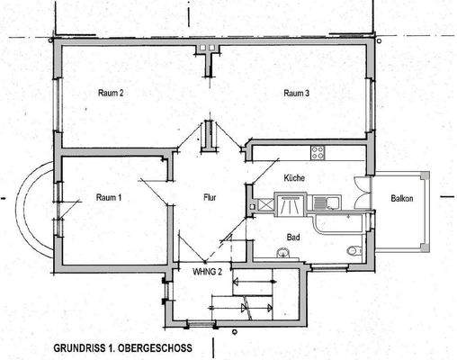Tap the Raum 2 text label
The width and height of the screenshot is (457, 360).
click(x=108, y=93)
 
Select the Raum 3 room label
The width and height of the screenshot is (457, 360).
click(x=297, y=93)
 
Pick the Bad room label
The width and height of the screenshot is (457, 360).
click(x=293, y=238)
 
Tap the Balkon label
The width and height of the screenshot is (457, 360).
click(x=401, y=199)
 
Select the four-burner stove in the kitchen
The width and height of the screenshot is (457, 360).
click(x=317, y=150)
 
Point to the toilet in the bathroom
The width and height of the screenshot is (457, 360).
click(x=354, y=250)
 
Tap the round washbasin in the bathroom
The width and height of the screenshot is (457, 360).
click(x=285, y=255)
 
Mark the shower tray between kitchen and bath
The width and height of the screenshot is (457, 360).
click(x=290, y=206)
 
